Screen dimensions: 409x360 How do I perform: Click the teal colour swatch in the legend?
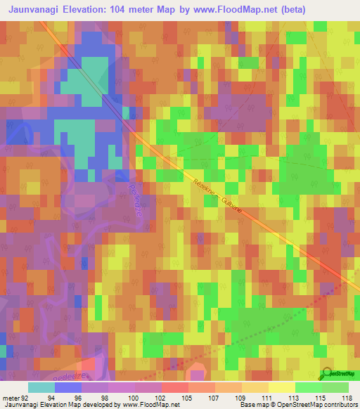[x=41, y=387]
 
